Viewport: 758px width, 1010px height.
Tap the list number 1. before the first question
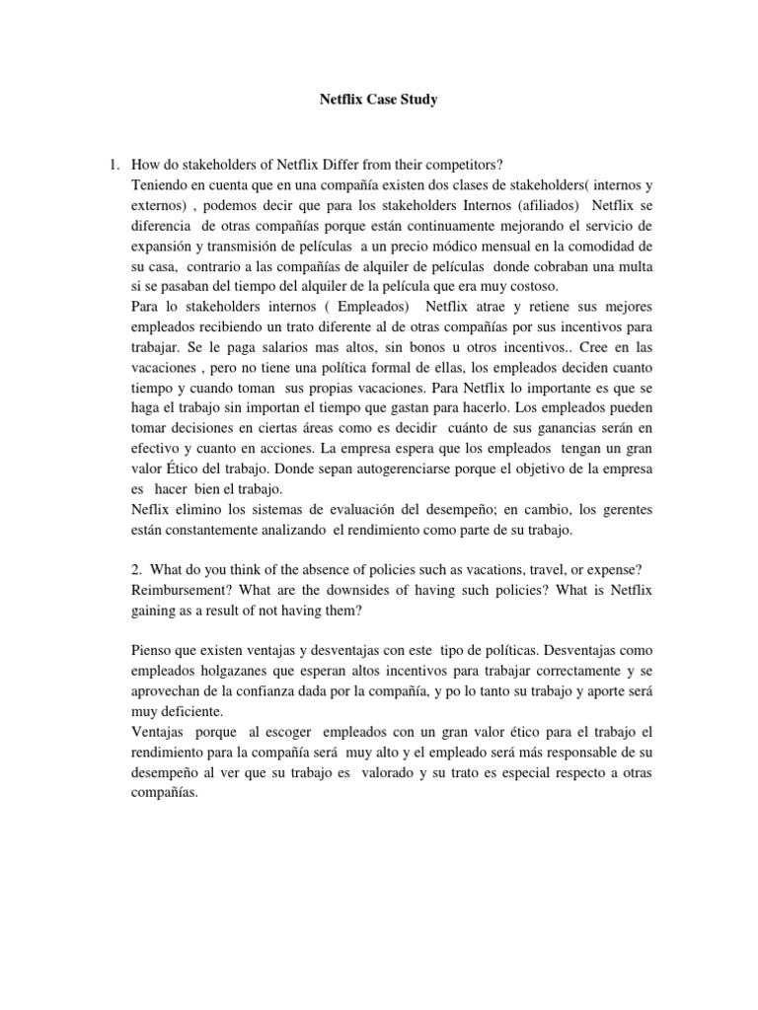(114, 163)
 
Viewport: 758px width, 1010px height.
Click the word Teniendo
(162, 184)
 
